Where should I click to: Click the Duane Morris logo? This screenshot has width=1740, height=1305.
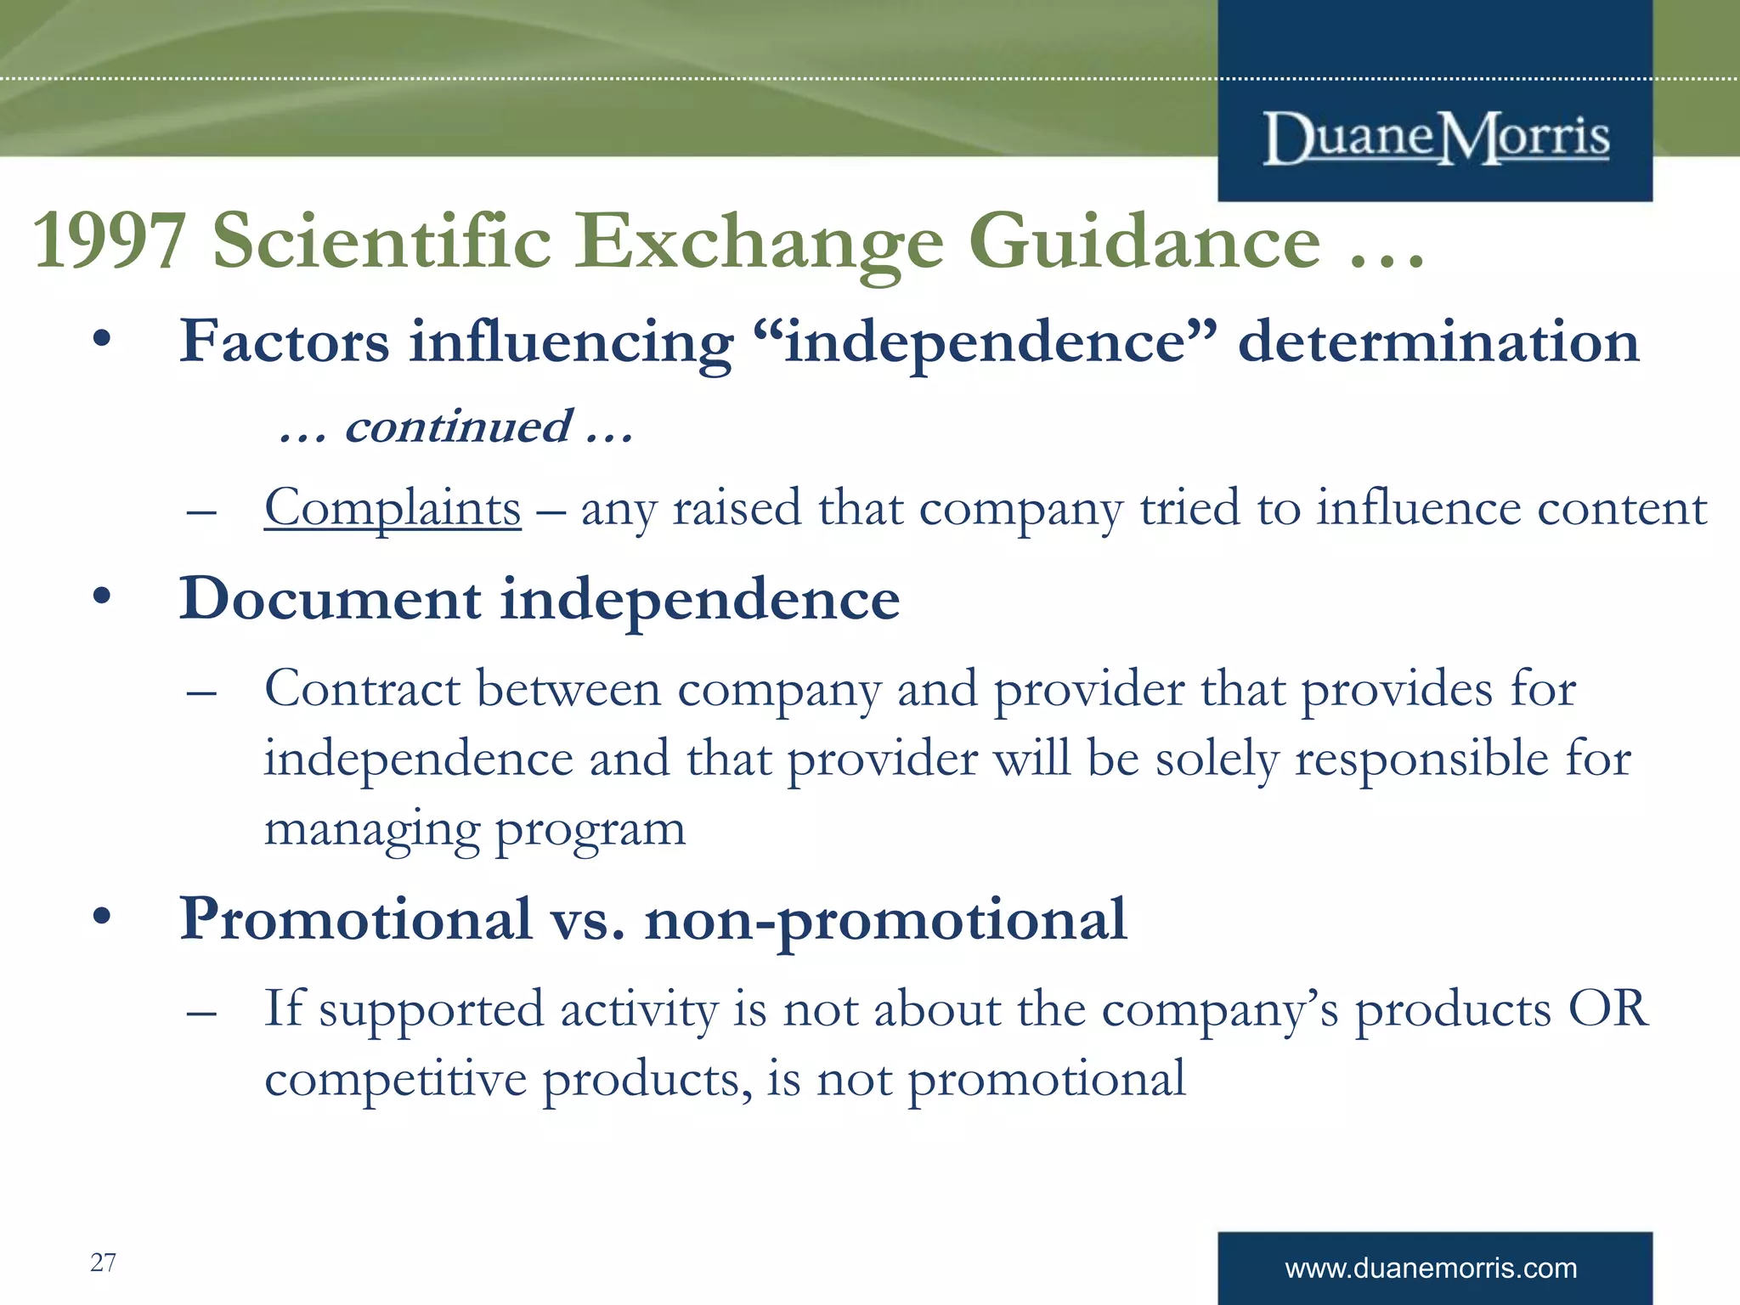point(1436,138)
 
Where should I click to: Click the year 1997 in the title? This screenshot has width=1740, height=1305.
point(109,242)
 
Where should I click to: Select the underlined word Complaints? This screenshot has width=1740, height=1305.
point(393,508)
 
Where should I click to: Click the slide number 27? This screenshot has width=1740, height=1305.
point(103,1263)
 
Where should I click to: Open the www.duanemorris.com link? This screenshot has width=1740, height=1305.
point(1431,1268)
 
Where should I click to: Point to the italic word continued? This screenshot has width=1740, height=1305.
point(459,427)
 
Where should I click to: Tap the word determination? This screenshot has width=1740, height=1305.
point(1438,342)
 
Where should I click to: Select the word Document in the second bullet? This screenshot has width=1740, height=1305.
point(330,599)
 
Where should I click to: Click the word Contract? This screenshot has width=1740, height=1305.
point(362,688)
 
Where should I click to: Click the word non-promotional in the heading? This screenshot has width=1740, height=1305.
point(885,920)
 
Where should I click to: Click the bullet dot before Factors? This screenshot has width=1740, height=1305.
point(102,339)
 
